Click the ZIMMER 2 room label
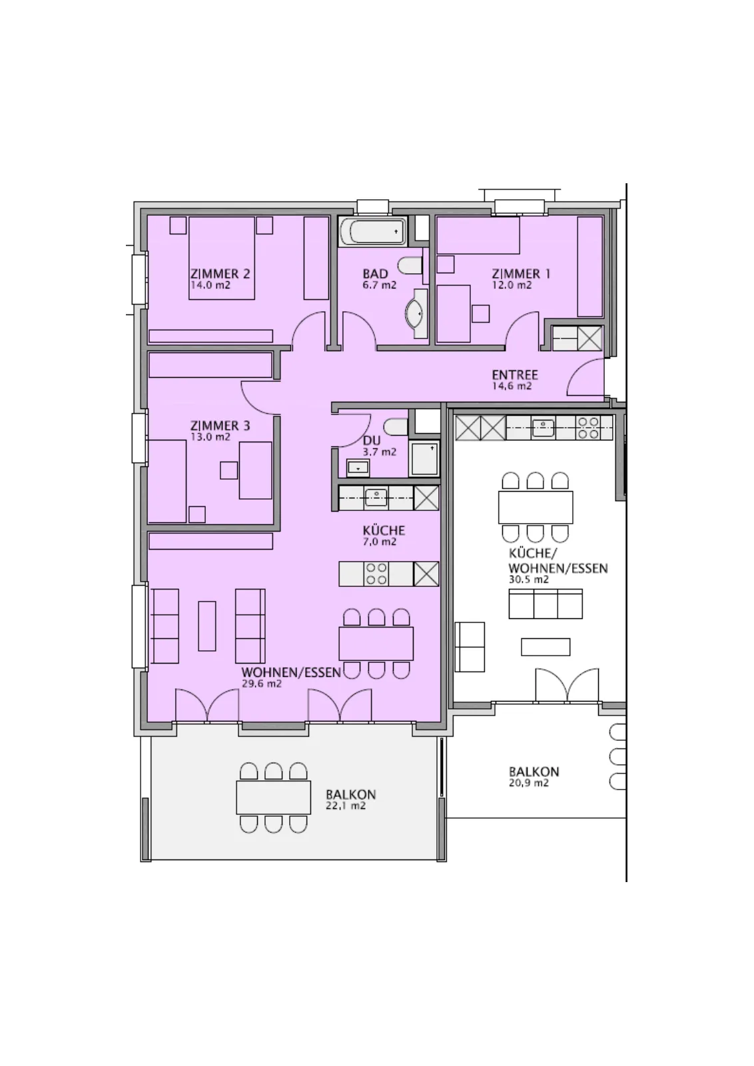tap(220, 274)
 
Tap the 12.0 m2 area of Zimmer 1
tap(512, 286)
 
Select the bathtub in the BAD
tap(374, 232)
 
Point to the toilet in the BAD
tap(410, 266)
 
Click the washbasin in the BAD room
tap(415, 314)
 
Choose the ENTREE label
tap(515, 375)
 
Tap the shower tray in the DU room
tap(424, 459)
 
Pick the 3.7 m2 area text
tap(379, 452)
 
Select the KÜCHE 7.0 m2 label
tap(384, 536)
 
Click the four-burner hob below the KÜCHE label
tap(376, 574)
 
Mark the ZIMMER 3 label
tap(220, 426)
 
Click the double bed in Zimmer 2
tap(222, 258)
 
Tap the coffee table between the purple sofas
tap(207, 626)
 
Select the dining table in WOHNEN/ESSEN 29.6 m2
tap(376, 644)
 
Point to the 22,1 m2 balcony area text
tap(346, 805)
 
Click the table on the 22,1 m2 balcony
tap(274, 797)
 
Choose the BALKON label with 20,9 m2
tap(534, 772)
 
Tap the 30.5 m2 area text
tap(528, 580)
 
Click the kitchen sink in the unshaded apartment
tap(543, 427)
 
